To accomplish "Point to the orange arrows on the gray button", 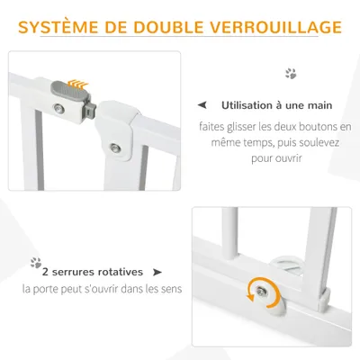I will tap(80, 81).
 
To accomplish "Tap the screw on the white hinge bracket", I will tap(115, 148).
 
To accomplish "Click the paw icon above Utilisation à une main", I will tap(290, 74).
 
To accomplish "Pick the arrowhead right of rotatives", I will tap(157, 271).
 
